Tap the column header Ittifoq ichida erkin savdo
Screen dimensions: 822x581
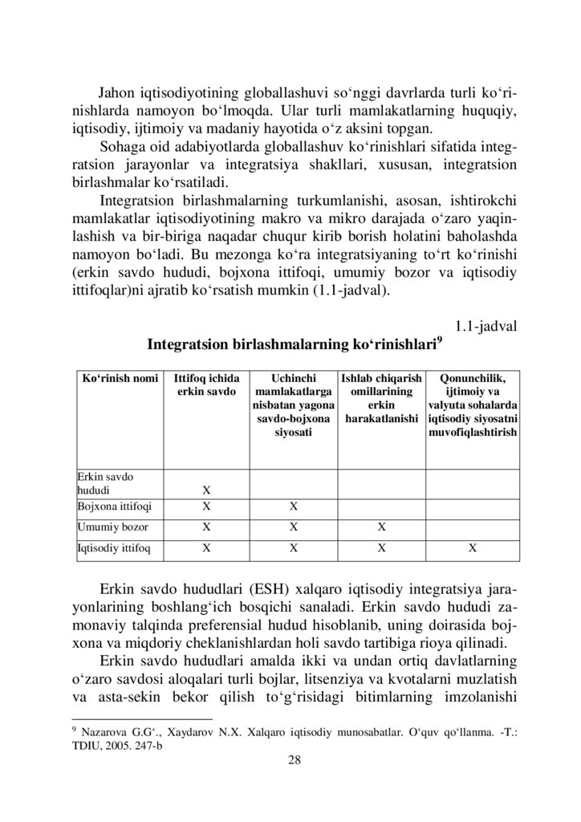206,385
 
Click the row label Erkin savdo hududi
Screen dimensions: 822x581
104,482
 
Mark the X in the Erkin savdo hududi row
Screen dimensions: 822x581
206,489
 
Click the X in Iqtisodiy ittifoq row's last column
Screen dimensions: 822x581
473,548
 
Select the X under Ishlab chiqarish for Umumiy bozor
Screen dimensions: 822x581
382,527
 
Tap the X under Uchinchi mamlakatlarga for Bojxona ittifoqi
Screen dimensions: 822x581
294,507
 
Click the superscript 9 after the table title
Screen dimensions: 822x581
438,340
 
